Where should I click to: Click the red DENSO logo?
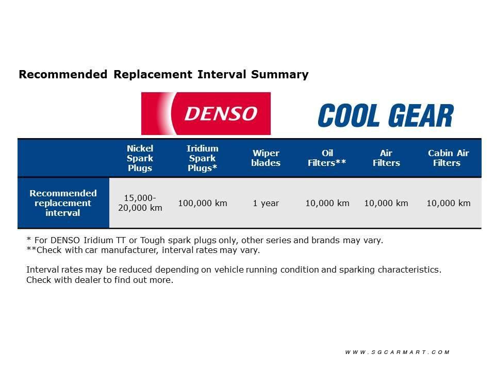206,113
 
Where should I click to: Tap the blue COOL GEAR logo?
386,115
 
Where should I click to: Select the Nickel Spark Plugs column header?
140,158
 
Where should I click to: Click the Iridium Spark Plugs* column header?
202,158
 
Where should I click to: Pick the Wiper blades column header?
266,158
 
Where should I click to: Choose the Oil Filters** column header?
327,158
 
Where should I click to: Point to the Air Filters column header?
386,158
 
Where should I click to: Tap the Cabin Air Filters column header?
448,158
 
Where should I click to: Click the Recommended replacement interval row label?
63,203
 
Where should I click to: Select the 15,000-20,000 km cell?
140,203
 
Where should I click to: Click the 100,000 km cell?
203,203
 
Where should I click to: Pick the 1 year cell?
266,203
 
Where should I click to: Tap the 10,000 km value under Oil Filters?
327,203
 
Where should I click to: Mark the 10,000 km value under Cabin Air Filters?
449,203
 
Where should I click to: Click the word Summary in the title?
279,75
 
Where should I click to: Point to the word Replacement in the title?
153,75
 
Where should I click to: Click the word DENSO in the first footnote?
65,241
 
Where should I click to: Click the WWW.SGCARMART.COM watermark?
398,352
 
